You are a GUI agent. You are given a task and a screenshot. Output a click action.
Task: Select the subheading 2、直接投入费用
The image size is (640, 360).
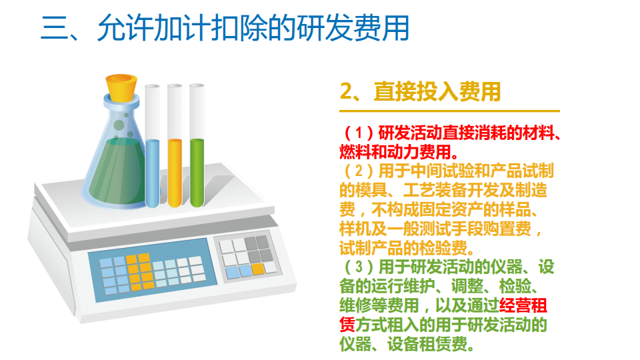pyautogui.click(x=420, y=91)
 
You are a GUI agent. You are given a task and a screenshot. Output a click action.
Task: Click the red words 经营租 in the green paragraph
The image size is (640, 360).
pyautogui.click(x=523, y=307)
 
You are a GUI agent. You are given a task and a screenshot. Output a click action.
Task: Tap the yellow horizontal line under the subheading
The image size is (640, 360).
pyautogui.click(x=449, y=111)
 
